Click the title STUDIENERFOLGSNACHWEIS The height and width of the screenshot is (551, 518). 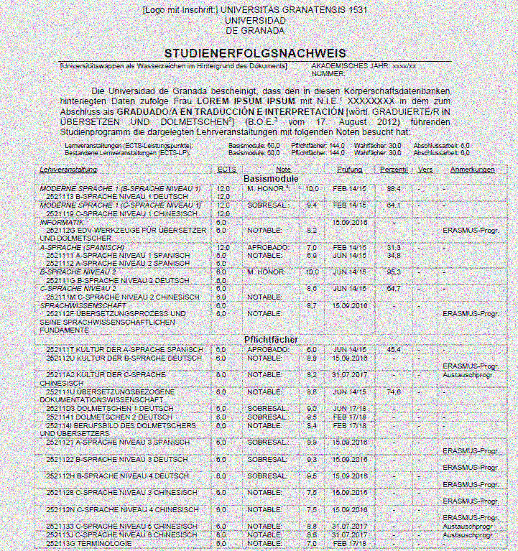pos(255,54)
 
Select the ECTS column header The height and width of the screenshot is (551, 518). pos(226,170)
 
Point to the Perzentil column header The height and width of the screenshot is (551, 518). pos(394,170)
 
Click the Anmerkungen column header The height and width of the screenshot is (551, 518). pos(473,170)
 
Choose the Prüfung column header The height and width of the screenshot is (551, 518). pos(350,170)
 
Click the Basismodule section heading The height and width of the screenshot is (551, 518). pos(271,177)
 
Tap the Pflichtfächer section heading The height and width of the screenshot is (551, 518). pos(271,339)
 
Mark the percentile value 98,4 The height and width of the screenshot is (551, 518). pos(393,187)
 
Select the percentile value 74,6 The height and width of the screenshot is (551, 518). pos(393,392)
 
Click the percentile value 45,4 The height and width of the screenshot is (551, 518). pos(393,349)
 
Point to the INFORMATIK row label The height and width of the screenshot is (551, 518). pos(61,222)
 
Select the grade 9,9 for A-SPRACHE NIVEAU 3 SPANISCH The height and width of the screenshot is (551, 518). pos(312,442)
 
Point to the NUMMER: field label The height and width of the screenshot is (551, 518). pos(330,73)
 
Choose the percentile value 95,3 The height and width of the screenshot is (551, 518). pos(393,272)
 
